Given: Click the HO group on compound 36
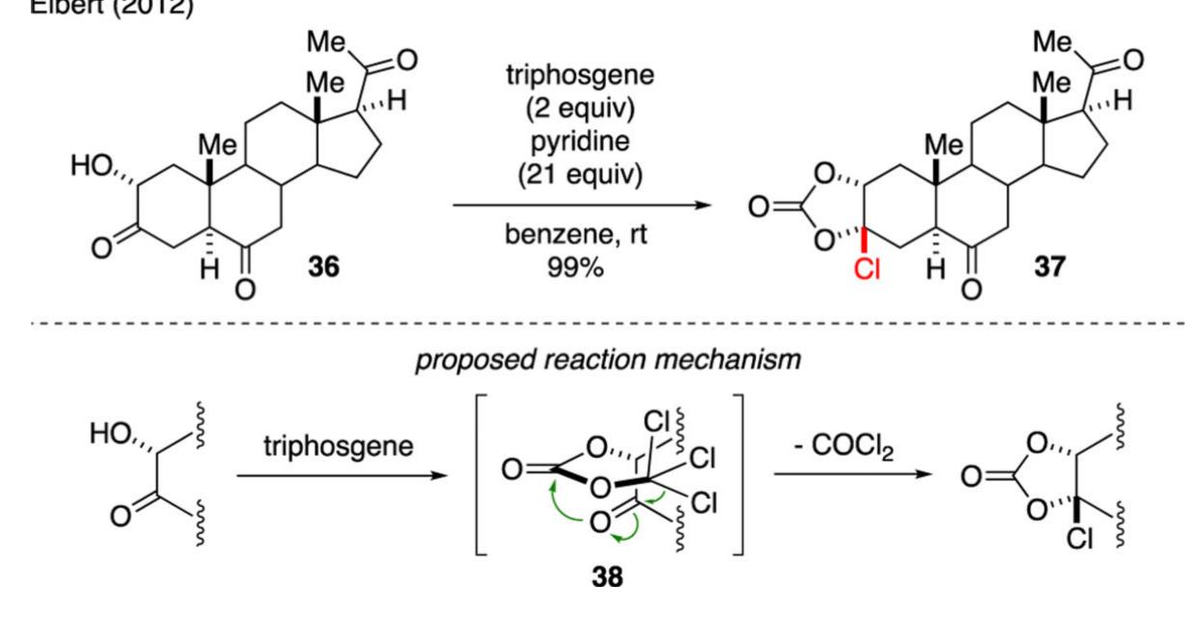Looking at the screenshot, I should coord(93,166).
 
